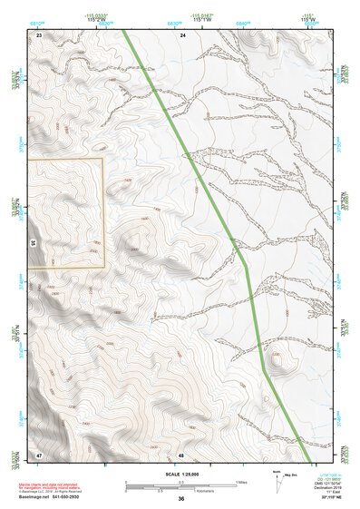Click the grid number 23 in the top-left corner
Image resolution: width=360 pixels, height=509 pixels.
[39, 34]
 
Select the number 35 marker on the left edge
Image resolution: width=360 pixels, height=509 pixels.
[33, 243]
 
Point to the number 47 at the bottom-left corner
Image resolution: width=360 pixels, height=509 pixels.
[39, 454]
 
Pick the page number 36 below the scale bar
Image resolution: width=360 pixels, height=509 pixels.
[181, 499]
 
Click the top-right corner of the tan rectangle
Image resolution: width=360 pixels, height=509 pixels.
[104, 160]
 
